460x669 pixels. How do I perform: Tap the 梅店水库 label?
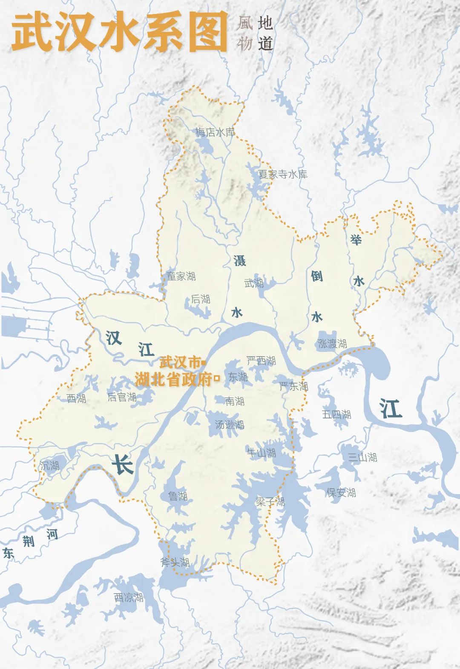pyautogui.click(x=215, y=132)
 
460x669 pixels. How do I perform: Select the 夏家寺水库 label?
pyautogui.click(x=282, y=174)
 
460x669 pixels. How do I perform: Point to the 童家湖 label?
pyautogui.click(x=181, y=276)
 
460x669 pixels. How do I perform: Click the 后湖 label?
pyautogui.click(x=200, y=299)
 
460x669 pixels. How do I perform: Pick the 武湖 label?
pyautogui.click(x=254, y=283)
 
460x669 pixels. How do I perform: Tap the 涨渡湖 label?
pyautogui.click(x=332, y=343)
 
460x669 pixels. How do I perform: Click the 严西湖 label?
pyautogui.click(x=262, y=361)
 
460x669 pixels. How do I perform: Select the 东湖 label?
pyautogui.click(x=238, y=377)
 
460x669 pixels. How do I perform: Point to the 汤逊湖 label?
pyautogui.click(x=230, y=424)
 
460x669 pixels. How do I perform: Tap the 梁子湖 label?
pyautogui.click(x=270, y=501)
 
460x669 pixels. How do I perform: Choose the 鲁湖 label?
pyautogui.click(x=178, y=496)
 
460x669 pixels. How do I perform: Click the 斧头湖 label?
pyautogui.click(x=175, y=562)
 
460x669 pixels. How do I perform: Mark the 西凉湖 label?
pyautogui.click(x=129, y=598)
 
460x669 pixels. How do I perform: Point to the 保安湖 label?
pyautogui.click(x=341, y=492)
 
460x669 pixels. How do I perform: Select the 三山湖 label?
pyautogui.click(x=362, y=457)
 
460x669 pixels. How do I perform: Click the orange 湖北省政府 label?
pyautogui.click(x=173, y=379)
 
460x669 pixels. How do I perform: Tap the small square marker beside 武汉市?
pyautogui.click(x=203, y=363)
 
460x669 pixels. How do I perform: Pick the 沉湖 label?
pyautogui.click(x=50, y=466)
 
